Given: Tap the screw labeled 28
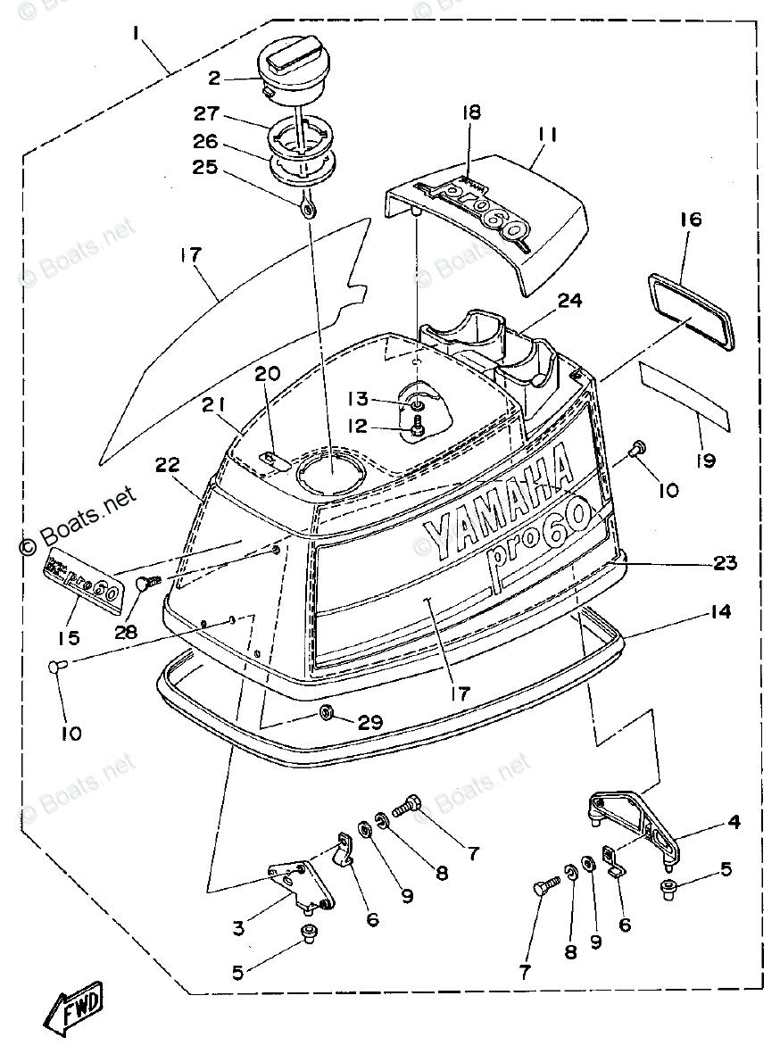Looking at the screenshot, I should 145,584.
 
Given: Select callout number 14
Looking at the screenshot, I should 720,612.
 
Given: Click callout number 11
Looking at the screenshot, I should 547,136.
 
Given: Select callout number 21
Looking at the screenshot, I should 212,407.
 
